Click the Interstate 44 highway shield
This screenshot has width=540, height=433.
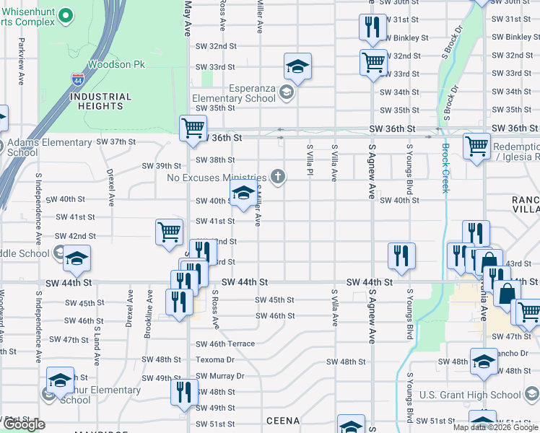pos(78,79)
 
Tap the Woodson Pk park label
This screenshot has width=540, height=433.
pos(116,65)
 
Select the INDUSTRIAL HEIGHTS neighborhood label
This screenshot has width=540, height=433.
pos(101,101)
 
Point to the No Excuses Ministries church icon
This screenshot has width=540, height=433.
pos(276,177)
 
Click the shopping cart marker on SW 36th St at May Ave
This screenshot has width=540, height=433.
pos(193,129)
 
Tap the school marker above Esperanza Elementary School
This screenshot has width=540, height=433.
pos(297,68)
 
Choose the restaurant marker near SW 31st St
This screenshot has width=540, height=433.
pos(370,27)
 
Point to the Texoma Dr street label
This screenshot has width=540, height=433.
pos(215,359)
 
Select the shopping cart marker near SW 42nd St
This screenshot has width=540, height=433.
pos(168,232)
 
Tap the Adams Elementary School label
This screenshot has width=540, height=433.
pos(50,147)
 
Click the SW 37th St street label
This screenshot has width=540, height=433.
pos(114,141)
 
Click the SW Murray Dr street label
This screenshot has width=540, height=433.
pos(220,376)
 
